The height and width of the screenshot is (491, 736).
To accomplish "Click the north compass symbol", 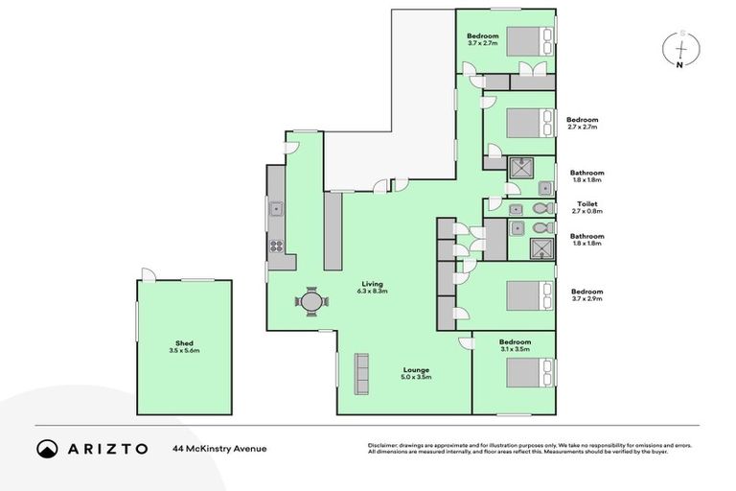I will click(x=680, y=48).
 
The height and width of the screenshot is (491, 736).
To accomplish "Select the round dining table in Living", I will click(x=311, y=301).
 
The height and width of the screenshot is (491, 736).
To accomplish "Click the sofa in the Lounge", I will click(x=362, y=373).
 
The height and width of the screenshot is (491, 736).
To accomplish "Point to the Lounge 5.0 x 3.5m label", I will click(x=416, y=373).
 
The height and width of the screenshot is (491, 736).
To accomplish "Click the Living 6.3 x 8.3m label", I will click(x=374, y=287).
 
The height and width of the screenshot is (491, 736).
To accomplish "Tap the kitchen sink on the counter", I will click(x=275, y=207).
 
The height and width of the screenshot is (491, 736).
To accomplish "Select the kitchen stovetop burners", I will click(x=276, y=245).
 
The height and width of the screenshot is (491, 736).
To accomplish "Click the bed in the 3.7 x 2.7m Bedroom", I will click(x=526, y=41).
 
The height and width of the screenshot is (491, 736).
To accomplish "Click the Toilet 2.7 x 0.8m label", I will click(x=587, y=207).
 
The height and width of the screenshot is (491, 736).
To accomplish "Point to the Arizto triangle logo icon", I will click(x=47, y=449).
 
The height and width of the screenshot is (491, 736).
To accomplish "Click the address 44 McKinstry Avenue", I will click(x=219, y=449).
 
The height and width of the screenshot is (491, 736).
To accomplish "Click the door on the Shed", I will click(x=147, y=274).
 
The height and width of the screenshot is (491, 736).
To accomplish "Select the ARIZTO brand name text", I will click(x=107, y=449).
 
